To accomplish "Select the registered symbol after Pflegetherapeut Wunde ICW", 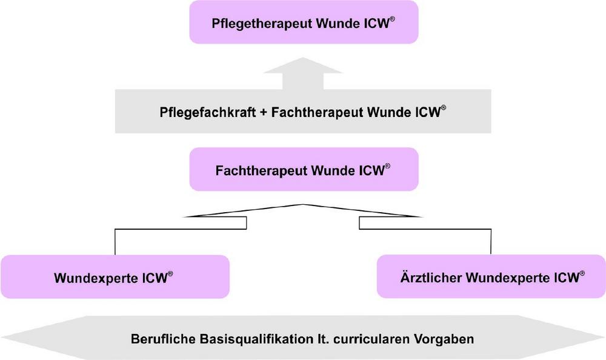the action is click(392, 19).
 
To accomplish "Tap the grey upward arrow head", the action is click(303, 65).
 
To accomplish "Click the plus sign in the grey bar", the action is click(263, 113).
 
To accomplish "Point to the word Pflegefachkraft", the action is click(207, 113).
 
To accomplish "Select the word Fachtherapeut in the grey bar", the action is click(318, 113).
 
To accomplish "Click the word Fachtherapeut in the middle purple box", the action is click(262, 171).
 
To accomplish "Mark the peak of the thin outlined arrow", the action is click(303, 204).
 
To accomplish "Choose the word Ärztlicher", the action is click(431, 278).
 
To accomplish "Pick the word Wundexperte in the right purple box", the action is click(508, 278).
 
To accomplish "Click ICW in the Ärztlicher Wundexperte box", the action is click(567, 278).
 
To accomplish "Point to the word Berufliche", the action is click(164, 339).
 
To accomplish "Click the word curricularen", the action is click(371, 339).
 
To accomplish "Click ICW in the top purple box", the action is click(376, 24).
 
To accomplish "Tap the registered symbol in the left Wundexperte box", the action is click(170, 274).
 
